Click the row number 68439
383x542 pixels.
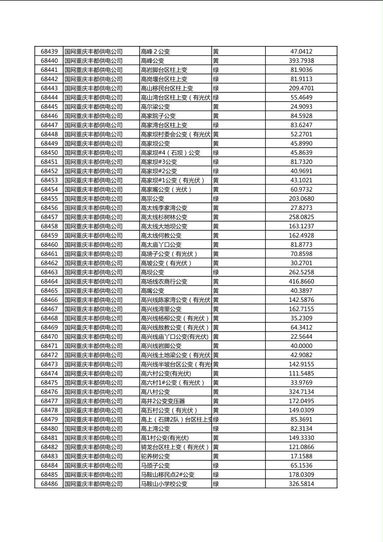(49, 52)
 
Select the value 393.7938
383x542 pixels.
(301, 61)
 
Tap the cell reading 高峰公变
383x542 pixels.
(152, 61)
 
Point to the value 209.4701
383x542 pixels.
(301, 88)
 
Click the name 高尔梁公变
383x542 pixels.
(155, 107)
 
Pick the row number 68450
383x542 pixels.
(49, 152)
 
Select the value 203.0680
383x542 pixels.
(301, 198)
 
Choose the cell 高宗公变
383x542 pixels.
(152, 198)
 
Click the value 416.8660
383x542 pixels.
(301, 281)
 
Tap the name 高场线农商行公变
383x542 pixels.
(164, 281)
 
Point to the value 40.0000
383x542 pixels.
(301, 346)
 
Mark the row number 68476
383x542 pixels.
(49, 392)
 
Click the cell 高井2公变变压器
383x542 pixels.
(163, 401)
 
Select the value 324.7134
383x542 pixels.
(301, 392)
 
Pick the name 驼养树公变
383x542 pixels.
(155, 456)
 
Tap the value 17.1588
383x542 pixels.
(301, 456)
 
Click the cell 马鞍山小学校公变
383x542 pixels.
(164, 484)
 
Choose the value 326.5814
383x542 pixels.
(301, 484)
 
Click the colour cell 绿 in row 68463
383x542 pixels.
(216, 272)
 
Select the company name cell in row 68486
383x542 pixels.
(94, 484)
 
